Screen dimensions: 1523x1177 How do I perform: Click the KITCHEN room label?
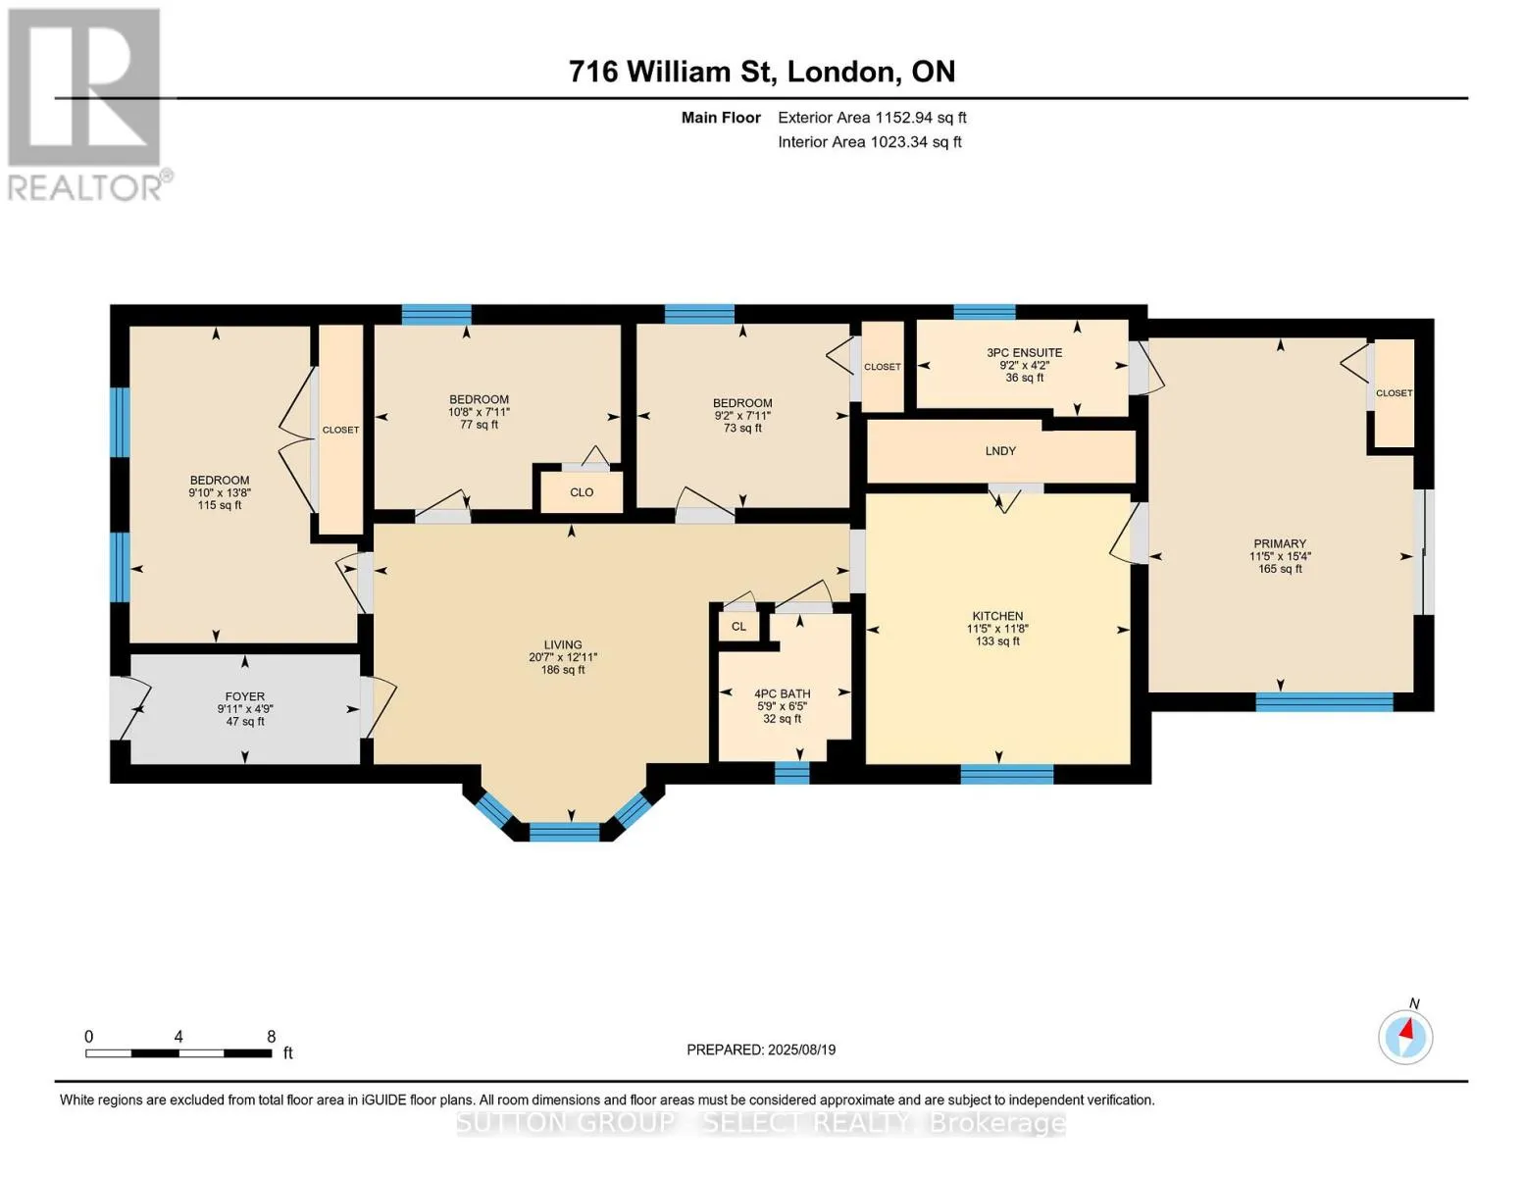point(997,616)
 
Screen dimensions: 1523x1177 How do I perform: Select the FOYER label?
point(244,696)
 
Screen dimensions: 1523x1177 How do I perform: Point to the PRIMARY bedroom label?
point(1280,543)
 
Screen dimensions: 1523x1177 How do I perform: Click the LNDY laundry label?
point(1000,451)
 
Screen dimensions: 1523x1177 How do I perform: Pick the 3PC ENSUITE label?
point(1024,352)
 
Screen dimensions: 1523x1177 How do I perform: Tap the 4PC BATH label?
point(783,693)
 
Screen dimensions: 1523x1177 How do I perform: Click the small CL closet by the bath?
point(738,626)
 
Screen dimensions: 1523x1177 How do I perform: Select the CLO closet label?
point(582,492)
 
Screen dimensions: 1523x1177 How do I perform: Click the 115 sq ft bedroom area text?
point(220,505)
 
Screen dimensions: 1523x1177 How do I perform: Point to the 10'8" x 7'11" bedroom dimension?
point(479,412)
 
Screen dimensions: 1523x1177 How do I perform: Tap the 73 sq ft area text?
point(742,428)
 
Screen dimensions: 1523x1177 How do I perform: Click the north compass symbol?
point(1405,1036)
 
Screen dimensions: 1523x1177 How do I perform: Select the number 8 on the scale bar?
point(272,1036)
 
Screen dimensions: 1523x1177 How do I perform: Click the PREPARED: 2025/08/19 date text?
point(761,1049)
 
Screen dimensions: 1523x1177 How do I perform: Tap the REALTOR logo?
point(87,105)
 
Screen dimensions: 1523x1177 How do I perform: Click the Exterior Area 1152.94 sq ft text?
point(872,117)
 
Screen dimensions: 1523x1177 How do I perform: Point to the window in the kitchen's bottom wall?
point(1006,773)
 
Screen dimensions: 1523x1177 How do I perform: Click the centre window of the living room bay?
point(564,832)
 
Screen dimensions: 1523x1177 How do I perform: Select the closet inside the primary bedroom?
point(1394,393)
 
